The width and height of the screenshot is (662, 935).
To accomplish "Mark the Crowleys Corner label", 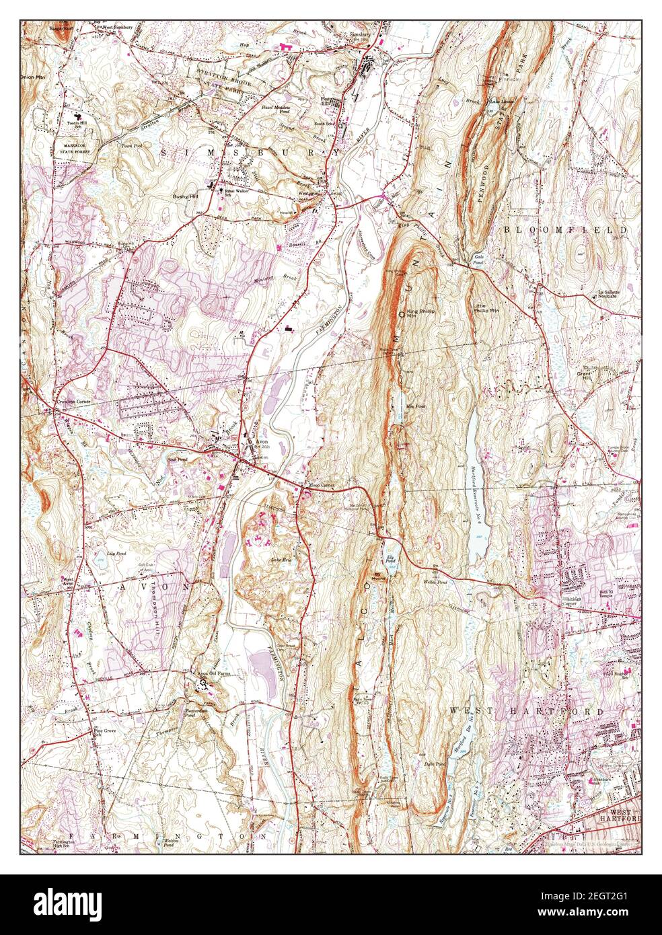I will pos(72,402).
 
